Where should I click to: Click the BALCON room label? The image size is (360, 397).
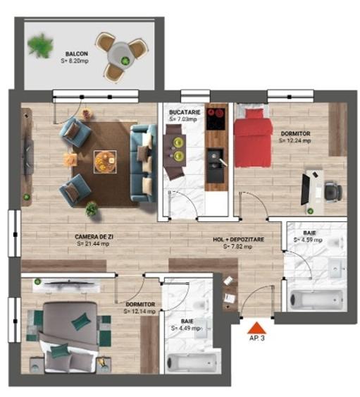(77, 54)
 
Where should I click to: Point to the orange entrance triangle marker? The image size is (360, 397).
(256, 327)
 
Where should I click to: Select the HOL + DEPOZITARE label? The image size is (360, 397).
(238, 240)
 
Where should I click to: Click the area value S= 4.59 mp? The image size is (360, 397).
(308, 240)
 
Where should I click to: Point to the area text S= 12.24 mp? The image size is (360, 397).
(294, 140)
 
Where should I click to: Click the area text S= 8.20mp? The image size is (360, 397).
(75, 62)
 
